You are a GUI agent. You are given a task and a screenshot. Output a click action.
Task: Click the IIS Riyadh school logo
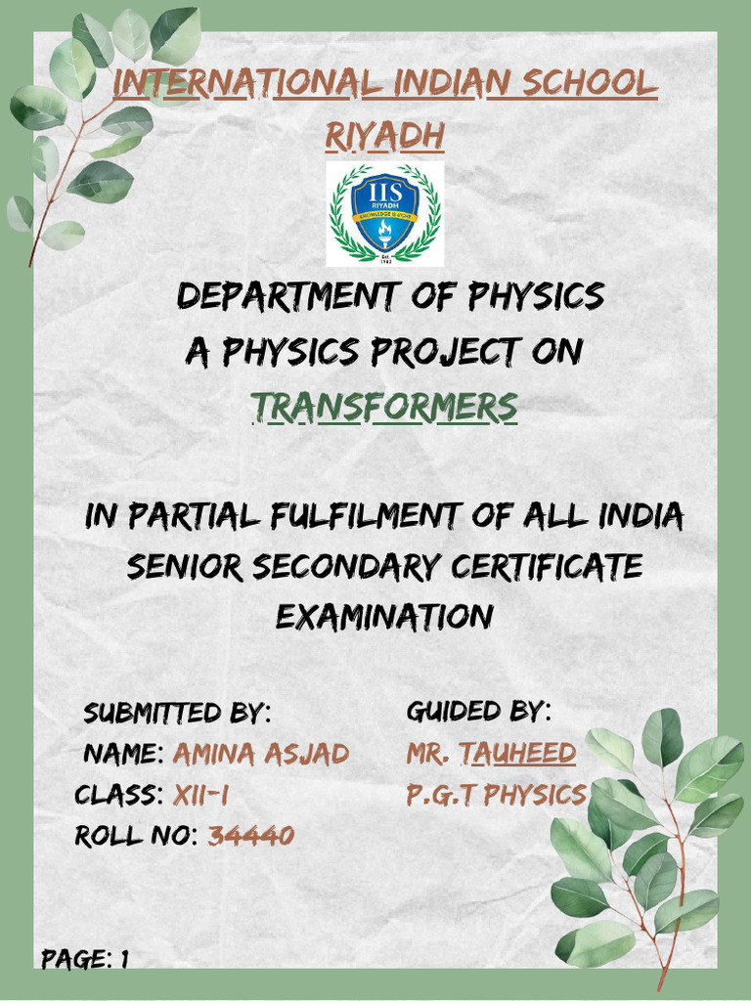tap(384, 214)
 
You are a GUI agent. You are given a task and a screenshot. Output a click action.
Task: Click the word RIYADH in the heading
tap(384, 138)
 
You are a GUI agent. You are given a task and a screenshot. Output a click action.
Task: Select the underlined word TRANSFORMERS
tap(384, 409)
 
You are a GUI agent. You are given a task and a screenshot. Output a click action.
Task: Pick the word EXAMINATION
tap(384, 618)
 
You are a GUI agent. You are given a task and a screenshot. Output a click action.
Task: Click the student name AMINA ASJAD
tap(260, 755)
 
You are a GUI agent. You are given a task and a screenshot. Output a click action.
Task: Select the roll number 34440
tap(251, 836)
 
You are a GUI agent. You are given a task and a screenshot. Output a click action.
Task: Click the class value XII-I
tap(200, 796)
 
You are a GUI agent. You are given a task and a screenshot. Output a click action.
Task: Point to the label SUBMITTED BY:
tap(177, 713)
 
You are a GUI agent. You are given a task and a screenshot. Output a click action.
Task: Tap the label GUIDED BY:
tap(478, 711)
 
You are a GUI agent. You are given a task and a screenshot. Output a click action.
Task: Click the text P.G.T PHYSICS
tap(496, 796)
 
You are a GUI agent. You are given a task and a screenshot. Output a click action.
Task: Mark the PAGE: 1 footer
tap(85, 959)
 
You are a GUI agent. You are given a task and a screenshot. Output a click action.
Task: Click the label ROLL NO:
tap(137, 836)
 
